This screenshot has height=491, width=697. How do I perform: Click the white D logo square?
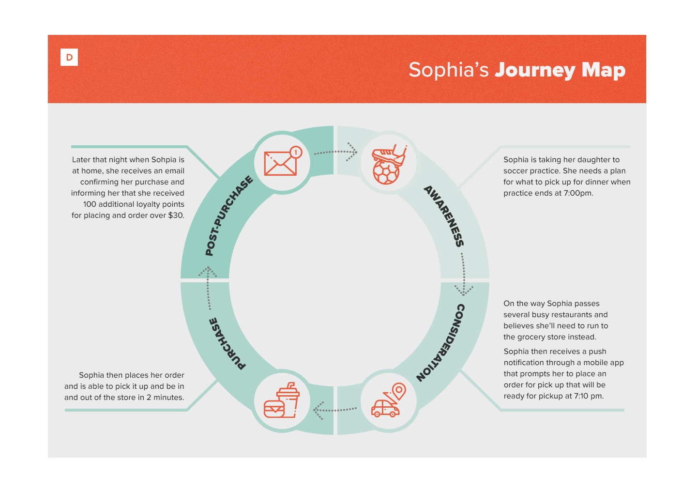coord(69,57)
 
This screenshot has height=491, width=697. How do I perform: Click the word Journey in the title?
coord(535,70)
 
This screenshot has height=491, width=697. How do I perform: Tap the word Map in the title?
coord(603,70)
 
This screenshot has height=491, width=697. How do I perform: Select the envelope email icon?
coord(280,163)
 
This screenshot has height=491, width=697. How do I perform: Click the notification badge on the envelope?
coord(296,152)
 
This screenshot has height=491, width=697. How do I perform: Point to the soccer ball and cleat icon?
coord(388,164)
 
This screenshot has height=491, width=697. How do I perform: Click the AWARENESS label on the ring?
coord(444,216)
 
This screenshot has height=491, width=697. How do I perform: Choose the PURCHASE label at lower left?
coord(227,343)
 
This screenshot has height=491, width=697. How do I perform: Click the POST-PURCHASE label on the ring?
coord(229,216)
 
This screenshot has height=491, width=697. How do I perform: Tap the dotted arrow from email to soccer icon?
coord(335,152)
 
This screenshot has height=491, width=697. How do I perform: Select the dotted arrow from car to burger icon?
coord(334,410)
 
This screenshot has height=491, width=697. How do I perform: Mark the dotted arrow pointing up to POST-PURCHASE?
coord(208,288)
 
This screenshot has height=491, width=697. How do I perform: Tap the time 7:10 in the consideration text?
coord(581,396)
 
